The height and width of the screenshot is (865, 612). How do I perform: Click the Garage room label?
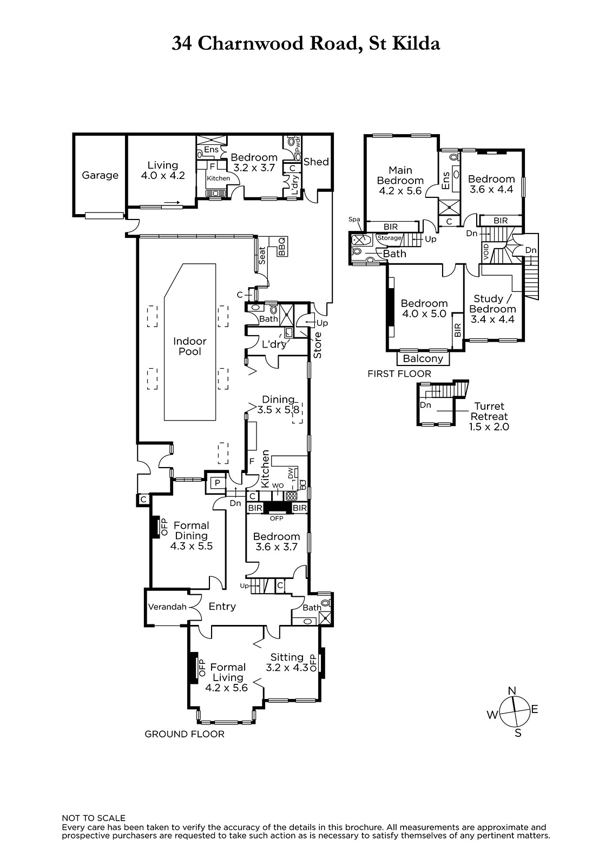(x=100, y=176)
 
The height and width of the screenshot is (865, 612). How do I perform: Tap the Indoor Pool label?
(x=190, y=347)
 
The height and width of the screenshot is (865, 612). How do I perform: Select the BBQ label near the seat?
(x=282, y=247)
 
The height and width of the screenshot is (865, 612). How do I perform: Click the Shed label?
(x=316, y=162)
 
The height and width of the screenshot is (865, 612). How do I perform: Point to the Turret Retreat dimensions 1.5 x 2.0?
(x=489, y=427)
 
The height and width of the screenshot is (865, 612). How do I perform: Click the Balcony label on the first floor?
(x=423, y=359)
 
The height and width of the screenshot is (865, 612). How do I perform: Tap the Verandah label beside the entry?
(x=167, y=607)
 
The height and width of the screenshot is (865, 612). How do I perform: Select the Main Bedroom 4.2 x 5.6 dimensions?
(x=400, y=191)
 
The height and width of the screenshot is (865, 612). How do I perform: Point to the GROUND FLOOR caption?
(x=185, y=734)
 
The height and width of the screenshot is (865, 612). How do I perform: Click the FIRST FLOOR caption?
(x=399, y=374)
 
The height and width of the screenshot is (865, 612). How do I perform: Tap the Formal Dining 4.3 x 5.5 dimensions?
(x=192, y=546)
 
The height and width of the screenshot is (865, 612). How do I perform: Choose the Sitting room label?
(x=287, y=657)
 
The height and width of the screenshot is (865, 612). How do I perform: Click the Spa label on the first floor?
(x=354, y=219)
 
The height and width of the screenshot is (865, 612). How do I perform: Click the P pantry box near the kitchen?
(x=218, y=483)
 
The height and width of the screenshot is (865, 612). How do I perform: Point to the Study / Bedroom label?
(x=492, y=304)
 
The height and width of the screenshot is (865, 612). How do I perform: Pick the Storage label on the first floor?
(x=389, y=238)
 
